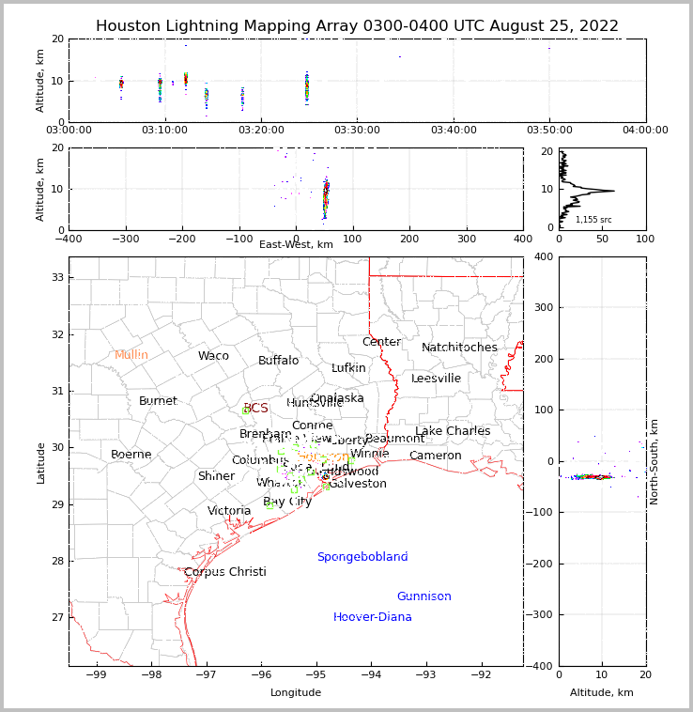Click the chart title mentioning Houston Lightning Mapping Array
click(357, 26)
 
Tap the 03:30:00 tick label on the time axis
click(357, 131)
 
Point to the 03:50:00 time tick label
click(549, 131)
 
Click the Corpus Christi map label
click(224, 572)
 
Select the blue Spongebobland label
click(362, 557)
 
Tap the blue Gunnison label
click(423, 596)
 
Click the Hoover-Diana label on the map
click(372, 617)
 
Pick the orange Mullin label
click(131, 355)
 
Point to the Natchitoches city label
click(459, 348)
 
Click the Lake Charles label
click(453, 431)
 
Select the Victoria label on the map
click(229, 511)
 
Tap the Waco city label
click(213, 356)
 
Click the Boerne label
click(131, 455)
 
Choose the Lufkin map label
click(348, 368)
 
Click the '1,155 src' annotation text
click(593, 220)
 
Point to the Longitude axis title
click(296, 692)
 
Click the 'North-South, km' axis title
click(654, 460)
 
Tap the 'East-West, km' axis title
click(296, 244)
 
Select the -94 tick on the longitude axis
click(371, 676)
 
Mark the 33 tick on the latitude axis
click(56, 277)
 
